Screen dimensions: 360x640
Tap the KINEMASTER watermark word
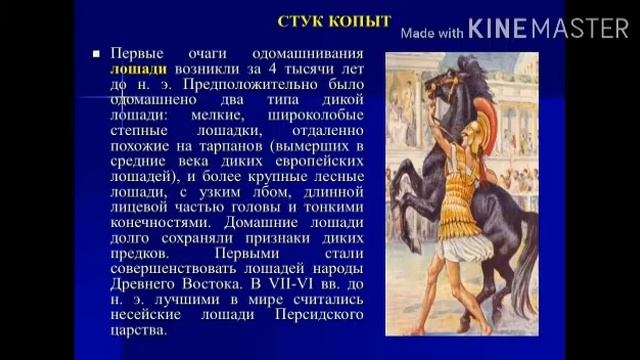point(547,28)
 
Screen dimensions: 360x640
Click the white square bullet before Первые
point(96,53)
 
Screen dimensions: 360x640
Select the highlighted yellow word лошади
point(137,69)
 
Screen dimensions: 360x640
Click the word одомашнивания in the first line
point(316,53)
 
